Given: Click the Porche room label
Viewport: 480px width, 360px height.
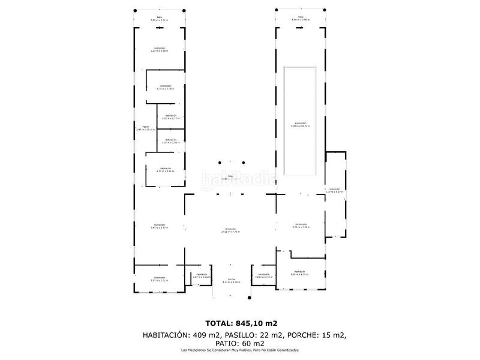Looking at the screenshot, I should [231, 280].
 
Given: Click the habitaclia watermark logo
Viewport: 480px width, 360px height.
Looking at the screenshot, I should [239, 178].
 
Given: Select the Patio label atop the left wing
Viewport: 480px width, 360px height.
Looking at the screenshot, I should [159, 19].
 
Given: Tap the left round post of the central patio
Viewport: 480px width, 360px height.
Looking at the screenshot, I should [220, 161].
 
